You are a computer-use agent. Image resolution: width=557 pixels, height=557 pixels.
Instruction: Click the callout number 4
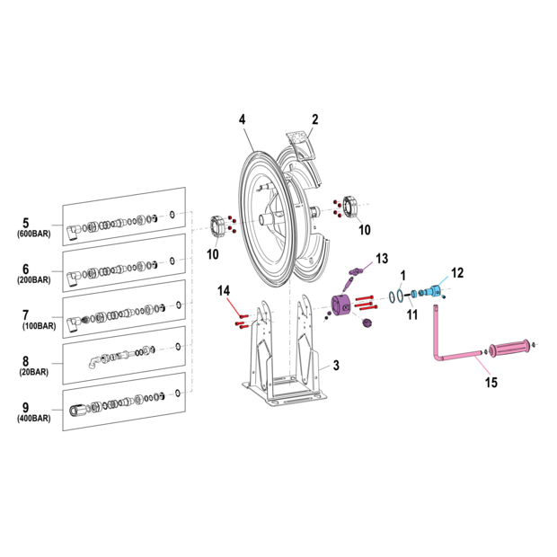[242, 119]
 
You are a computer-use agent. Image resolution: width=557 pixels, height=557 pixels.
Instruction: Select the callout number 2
[315, 119]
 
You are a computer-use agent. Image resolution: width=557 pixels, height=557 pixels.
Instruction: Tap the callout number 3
[336, 366]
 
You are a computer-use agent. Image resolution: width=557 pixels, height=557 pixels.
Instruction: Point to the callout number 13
[382, 258]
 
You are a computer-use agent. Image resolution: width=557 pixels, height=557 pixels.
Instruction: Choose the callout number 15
[491, 383]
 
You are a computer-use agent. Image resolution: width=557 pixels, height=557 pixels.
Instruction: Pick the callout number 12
[457, 271]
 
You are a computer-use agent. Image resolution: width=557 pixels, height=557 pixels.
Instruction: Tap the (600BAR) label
[34, 234]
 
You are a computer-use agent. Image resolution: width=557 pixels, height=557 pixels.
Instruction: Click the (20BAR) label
[34, 371]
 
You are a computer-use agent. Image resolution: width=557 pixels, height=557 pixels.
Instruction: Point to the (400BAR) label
[34, 419]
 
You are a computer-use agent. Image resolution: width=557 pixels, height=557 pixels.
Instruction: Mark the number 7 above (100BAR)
[25, 314]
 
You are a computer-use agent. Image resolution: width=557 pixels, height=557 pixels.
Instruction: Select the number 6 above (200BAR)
[25, 269]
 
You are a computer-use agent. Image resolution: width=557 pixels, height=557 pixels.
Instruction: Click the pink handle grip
[508, 346]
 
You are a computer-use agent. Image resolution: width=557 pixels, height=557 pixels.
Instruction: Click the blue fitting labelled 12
[434, 291]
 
